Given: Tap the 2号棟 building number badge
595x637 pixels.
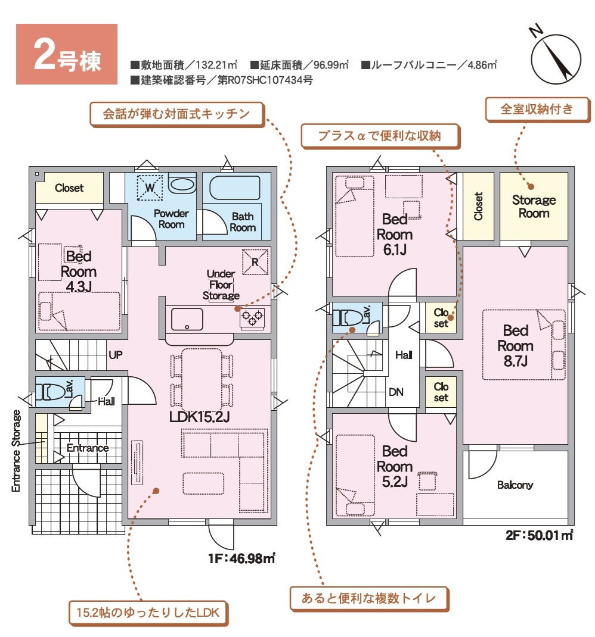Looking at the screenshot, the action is (67, 54).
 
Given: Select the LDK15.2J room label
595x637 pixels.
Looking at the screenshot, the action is (199, 416).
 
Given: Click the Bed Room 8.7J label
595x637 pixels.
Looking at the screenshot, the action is (515, 346).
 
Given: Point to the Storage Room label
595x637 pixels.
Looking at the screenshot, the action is (534, 207).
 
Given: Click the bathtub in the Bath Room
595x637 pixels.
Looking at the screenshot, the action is (235, 188).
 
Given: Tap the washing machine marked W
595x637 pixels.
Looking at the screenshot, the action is (150, 188).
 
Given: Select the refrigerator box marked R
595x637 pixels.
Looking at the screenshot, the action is (255, 261).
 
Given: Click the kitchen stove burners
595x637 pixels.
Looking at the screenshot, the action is (252, 317).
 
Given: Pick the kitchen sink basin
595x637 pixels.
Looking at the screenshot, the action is (187, 319).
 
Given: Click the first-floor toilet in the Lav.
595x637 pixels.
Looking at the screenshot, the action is (50, 392).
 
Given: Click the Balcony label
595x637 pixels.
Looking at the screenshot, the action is (515, 485).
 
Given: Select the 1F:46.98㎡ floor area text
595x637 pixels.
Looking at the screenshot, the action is (241, 558).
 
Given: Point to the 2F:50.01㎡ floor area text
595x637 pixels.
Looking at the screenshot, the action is (539, 535).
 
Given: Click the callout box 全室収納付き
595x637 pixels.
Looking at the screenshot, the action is (537, 110).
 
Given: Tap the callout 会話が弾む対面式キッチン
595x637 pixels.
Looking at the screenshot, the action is (177, 114).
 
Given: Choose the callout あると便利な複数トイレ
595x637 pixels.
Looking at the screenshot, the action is (369, 598).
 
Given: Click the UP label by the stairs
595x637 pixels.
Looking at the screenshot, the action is (116, 355).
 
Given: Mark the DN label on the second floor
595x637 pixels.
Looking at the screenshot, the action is (396, 392).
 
